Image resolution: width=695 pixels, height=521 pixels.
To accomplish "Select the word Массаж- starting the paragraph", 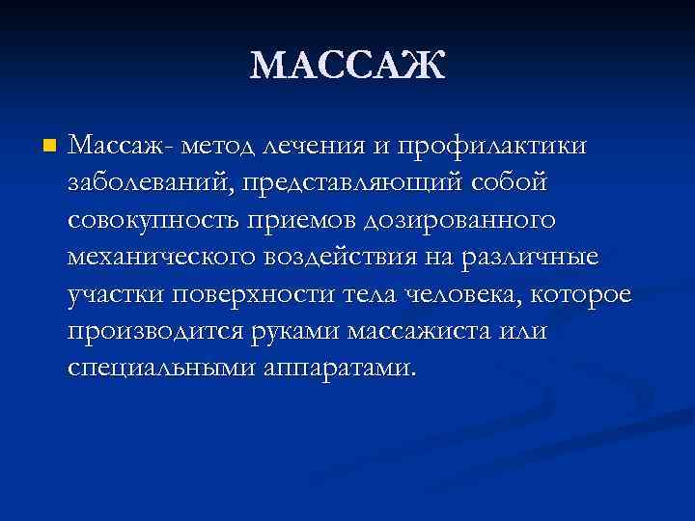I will [x=120, y=146].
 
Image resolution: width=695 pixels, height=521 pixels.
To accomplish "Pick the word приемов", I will [x=295, y=221].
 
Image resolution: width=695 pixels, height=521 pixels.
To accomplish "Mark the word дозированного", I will [x=459, y=221].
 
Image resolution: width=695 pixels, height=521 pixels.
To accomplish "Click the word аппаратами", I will [x=348, y=370].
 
